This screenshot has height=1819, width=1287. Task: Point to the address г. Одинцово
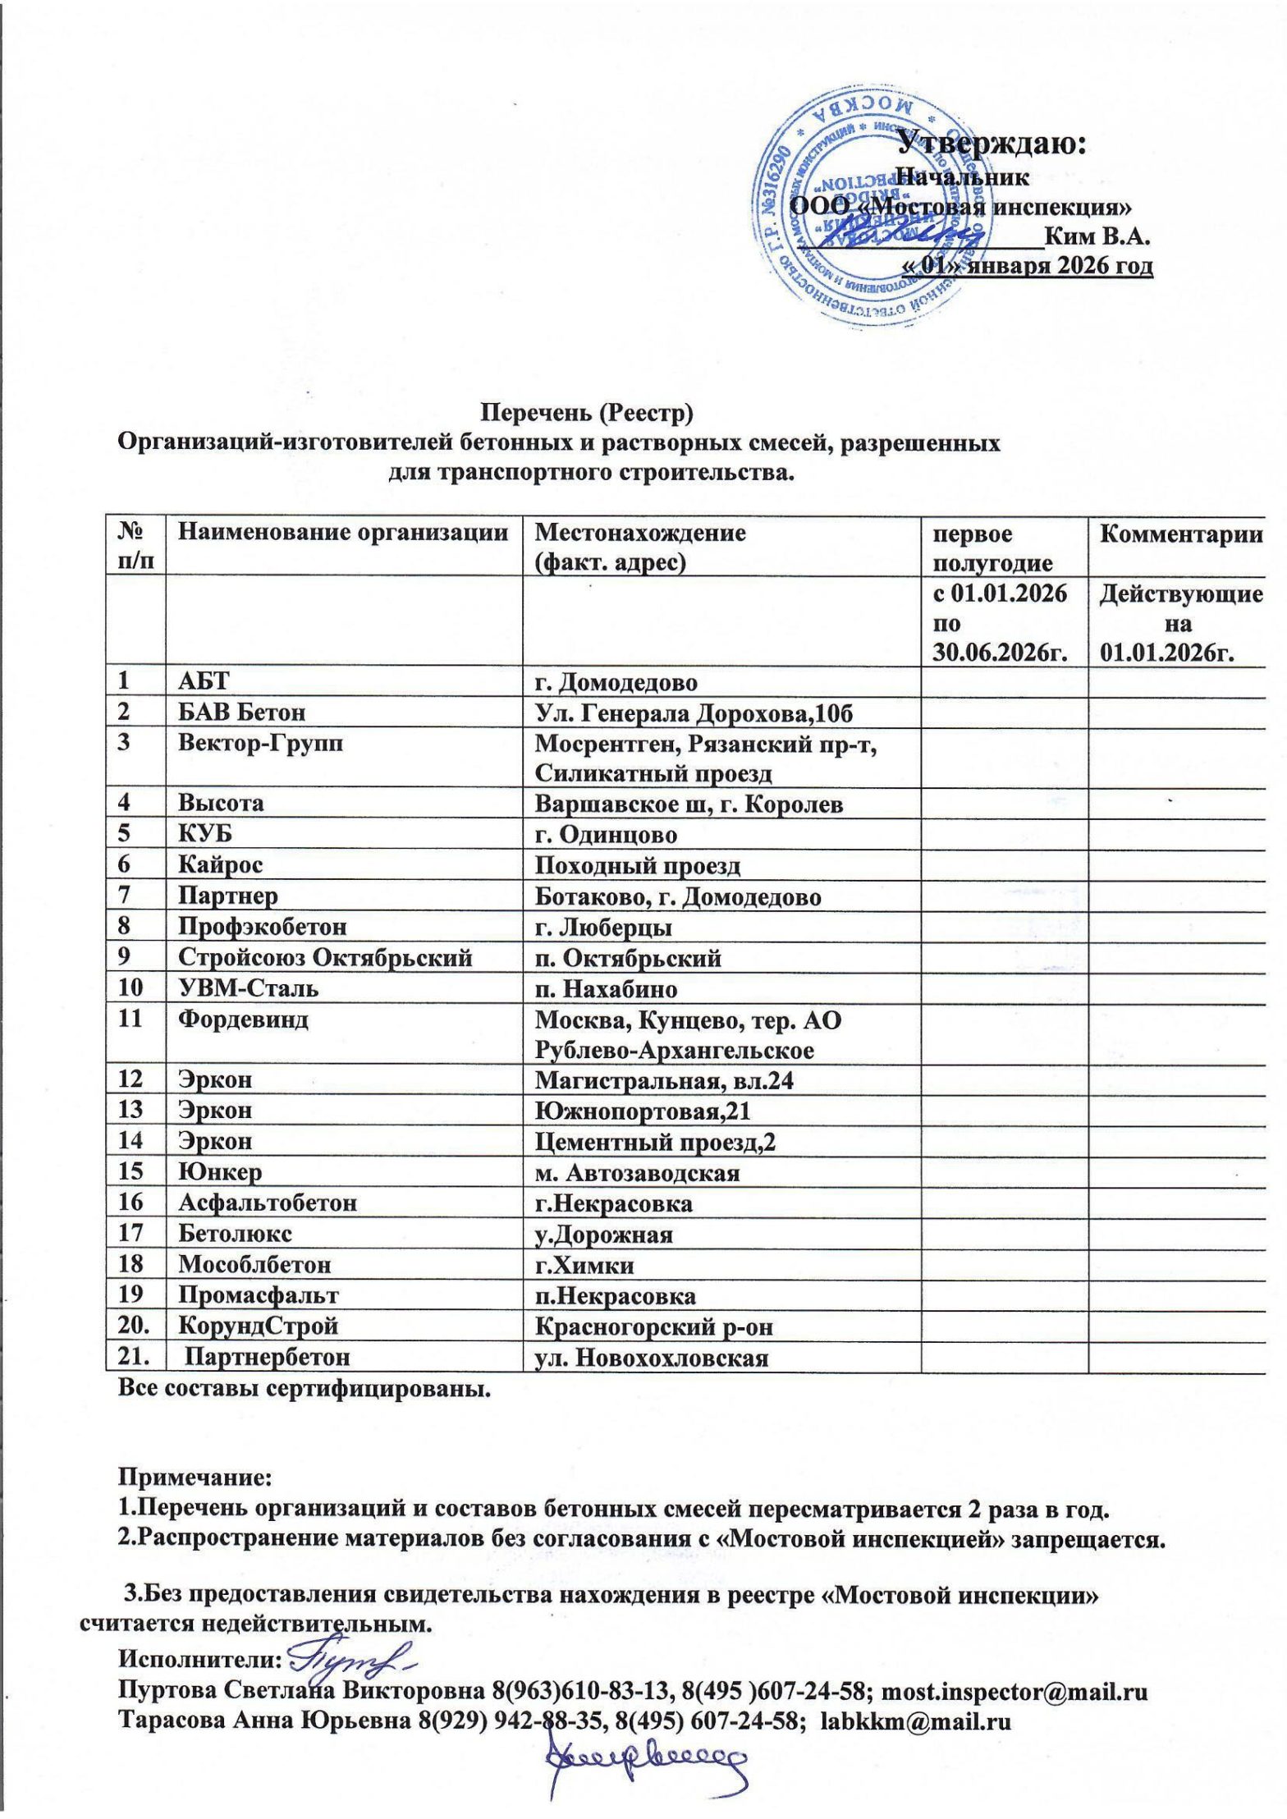click(606, 835)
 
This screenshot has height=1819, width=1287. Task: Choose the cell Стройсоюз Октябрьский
click(326, 958)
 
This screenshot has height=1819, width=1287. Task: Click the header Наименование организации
click(343, 534)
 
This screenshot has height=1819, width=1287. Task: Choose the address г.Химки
click(584, 1265)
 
